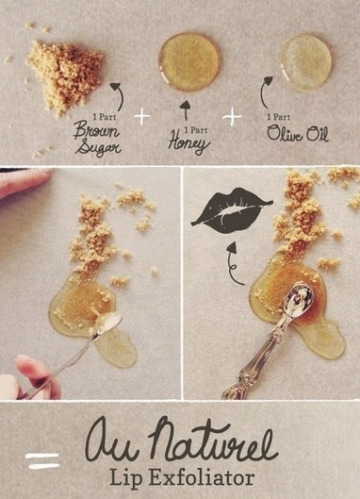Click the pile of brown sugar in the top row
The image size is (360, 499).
click(65, 75)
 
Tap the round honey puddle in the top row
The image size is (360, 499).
click(188, 62)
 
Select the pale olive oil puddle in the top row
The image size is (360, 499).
click(305, 62)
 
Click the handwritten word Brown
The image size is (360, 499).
click(96, 131)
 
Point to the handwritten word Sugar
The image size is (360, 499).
click(98, 147)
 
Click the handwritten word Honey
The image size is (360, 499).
click(188, 141)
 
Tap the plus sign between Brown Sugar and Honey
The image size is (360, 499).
click(142, 116)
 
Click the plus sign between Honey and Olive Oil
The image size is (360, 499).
click(232, 116)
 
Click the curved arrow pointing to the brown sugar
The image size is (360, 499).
click(121, 95)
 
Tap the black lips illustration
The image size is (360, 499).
click(232, 210)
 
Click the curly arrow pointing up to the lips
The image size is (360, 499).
click(232, 265)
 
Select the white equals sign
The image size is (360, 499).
click(42, 461)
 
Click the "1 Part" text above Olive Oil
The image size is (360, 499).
click(278, 117)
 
